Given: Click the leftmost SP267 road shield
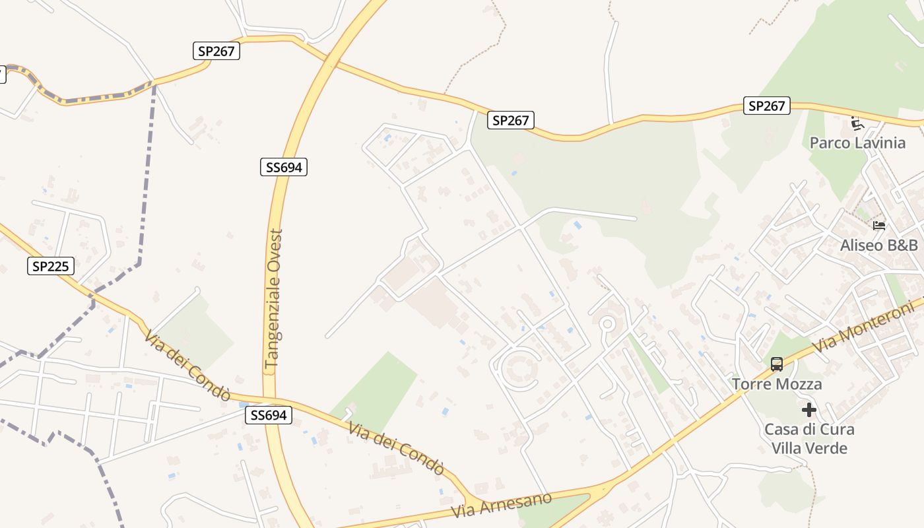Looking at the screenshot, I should (216, 51).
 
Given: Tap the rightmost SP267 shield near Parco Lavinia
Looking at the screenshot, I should (766, 106).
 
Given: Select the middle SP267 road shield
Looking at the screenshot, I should (511, 120).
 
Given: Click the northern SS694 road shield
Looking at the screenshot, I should (283, 167).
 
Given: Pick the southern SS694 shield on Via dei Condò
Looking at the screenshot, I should (268, 415).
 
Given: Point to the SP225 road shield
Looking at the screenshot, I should (51, 266).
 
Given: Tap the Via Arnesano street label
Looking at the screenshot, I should (502, 506).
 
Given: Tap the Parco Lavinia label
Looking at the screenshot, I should (857, 143).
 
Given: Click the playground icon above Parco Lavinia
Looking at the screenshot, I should (857, 123).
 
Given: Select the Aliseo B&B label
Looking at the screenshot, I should (878, 246).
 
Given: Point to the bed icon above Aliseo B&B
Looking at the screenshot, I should (878, 226).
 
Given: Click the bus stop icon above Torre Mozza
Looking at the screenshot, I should (777, 364).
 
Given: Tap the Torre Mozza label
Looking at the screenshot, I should (777, 384).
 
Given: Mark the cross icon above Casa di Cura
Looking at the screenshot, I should (809, 410).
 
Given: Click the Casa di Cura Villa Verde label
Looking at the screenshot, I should (809, 439).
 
